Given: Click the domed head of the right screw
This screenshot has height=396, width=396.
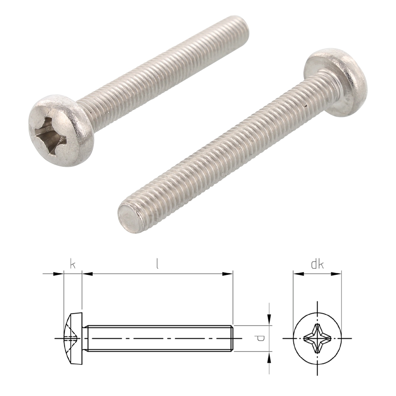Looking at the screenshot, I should pyautogui.click(x=341, y=79).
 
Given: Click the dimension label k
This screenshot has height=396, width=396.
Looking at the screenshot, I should pyautogui.click(x=72, y=264).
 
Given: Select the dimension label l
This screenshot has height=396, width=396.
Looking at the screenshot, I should pyautogui.click(x=157, y=264).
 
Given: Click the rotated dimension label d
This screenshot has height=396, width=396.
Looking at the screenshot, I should pyautogui.click(x=260, y=338).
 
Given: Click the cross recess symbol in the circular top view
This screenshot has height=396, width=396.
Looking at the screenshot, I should pyautogui.click(x=317, y=339).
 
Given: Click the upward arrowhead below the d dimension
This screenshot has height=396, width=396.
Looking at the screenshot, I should pyautogui.click(x=269, y=358).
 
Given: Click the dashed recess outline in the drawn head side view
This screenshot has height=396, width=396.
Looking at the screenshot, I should pyautogui.click(x=71, y=335).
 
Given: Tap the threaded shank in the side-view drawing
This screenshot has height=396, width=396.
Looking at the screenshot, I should pyautogui.click(x=158, y=339).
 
